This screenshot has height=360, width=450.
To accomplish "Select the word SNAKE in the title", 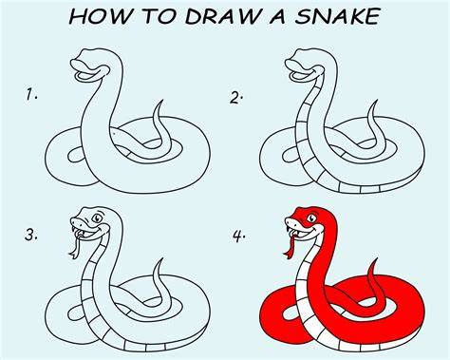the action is pyautogui.click(x=337, y=16).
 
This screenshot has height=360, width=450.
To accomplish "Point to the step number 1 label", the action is pyautogui.click(x=31, y=95).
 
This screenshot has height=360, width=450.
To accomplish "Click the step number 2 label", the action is pyautogui.click(x=236, y=98).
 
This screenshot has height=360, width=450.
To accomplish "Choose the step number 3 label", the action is pyautogui.click(x=31, y=236).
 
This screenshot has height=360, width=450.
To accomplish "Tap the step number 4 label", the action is pyautogui.click(x=239, y=237).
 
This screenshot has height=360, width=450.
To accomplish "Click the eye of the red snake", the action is pyautogui.click(x=312, y=218).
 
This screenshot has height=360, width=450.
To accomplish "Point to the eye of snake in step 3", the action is pyautogui.click(x=97, y=218).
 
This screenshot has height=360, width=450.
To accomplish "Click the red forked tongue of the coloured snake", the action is pyautogui.click(x=291, y=244).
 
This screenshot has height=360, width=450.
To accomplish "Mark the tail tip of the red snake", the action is pyautogui.click(x=377, y=258).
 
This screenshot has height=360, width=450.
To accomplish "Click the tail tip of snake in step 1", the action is pyautogui.click(x=162, y=101).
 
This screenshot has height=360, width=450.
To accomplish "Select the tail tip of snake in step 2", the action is pyautogui.click(x=377, y=101).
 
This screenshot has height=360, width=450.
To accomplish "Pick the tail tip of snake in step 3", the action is pyautogui.click(x=162, y=258).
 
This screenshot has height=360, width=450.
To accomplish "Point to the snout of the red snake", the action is pyautogui.click(x=291, y=221).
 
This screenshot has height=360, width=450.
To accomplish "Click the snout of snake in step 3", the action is pyautogui.click(x=76, y=220).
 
